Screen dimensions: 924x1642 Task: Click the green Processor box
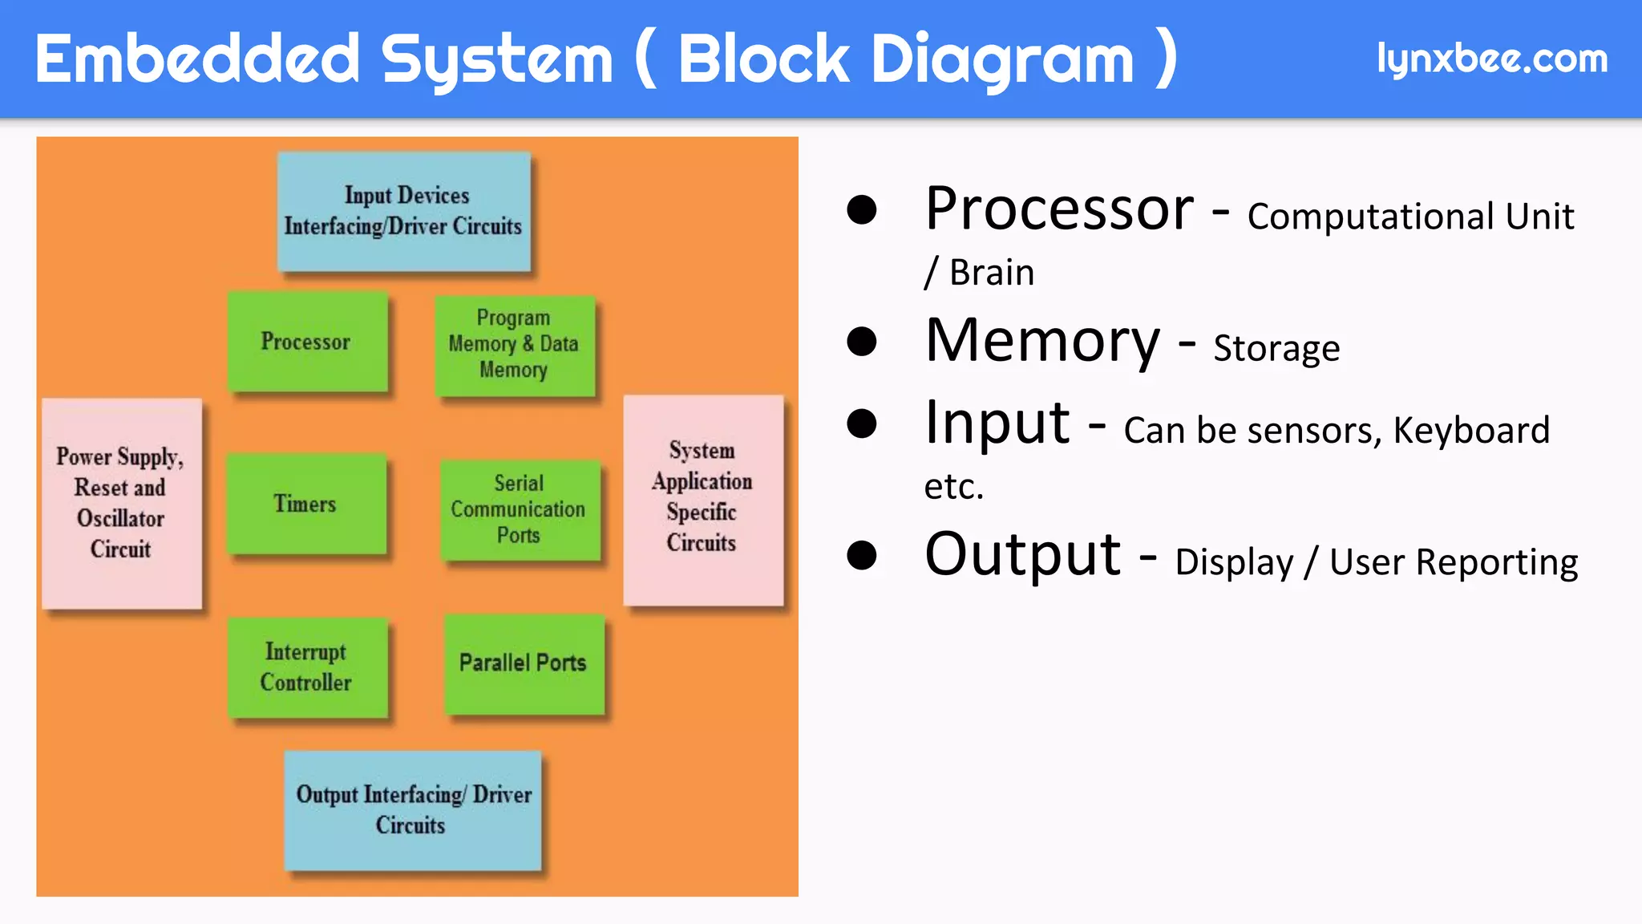coord(307,342)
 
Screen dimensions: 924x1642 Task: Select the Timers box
coord(305,504)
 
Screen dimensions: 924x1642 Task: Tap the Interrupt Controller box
coord(307,667)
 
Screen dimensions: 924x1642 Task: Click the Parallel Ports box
coord(524,663)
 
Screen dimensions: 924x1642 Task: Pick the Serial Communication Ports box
coord(520,509)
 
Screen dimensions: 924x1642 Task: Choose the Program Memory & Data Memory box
coord(514,345)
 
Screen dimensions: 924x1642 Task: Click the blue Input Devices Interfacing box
coord(404,212)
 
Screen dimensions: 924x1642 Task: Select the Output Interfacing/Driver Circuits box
coord(413,810)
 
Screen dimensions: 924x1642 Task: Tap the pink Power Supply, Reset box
coord(121,503)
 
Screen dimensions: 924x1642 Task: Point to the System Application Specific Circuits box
coord(702,498)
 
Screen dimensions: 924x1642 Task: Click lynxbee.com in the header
coord(1491,59)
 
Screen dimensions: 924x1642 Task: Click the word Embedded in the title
coord(197,59)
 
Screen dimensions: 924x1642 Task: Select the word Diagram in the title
coord(1002,59)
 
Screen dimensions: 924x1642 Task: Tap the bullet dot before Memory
coord(861,342)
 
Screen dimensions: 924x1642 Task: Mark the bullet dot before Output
coord(861,555)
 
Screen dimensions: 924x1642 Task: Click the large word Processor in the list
coord(1058,209)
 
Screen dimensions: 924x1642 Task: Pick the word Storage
coord(1276,349)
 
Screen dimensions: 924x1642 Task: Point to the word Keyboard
coord(1470,431)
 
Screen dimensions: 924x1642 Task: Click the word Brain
coord(992,273)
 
